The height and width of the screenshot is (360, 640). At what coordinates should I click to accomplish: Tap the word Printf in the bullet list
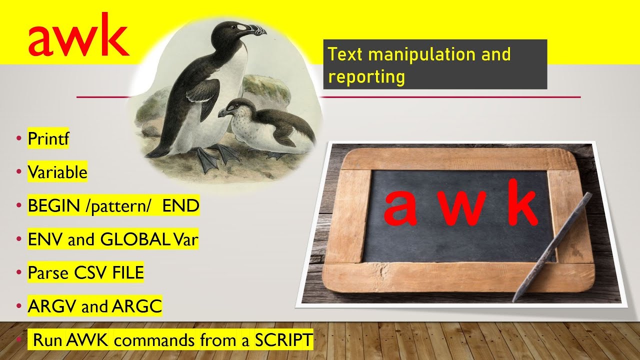click(x=48, y=139)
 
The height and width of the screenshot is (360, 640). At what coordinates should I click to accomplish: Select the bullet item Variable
click(x=57, y=172)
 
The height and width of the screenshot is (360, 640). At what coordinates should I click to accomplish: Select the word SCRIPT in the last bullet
click(x=283, y=340)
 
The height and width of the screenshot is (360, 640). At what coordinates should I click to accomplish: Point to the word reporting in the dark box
click(x=366, y=76)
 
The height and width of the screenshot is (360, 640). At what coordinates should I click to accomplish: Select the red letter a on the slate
click(x=400, y=209)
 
